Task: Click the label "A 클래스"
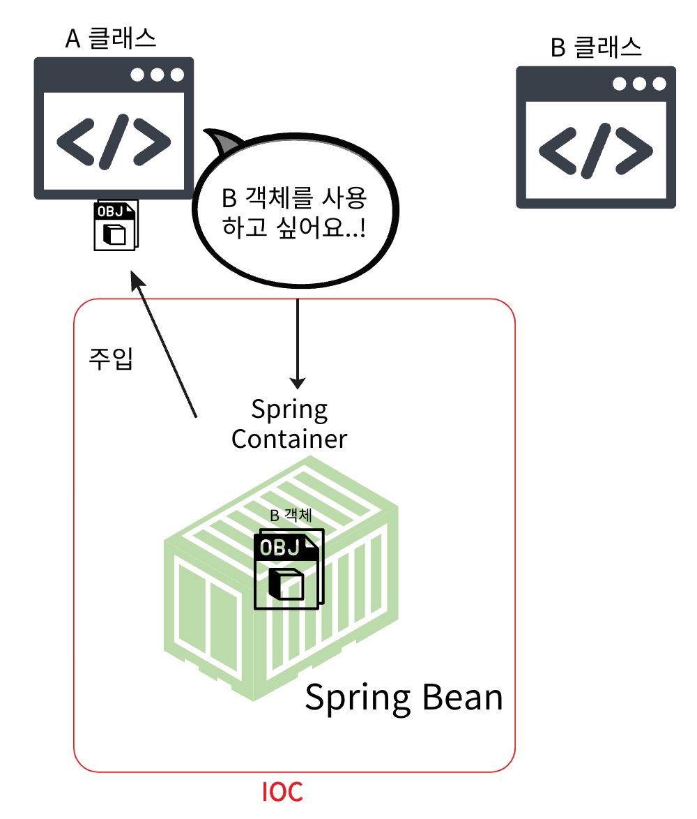(x=112, y=39)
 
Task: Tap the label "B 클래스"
(x=597, y=47)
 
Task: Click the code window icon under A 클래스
(x=114, y=128)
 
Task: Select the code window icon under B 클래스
(x=596, y=137)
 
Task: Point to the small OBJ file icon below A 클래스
(x=116, y=225)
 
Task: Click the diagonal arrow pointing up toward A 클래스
(x=166, y=345)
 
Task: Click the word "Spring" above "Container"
(x=289, y=409)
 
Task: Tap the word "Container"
(x=289, y=439)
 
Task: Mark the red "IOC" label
(x=282, y=792)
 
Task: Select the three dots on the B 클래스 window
(x=639, y=84)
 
